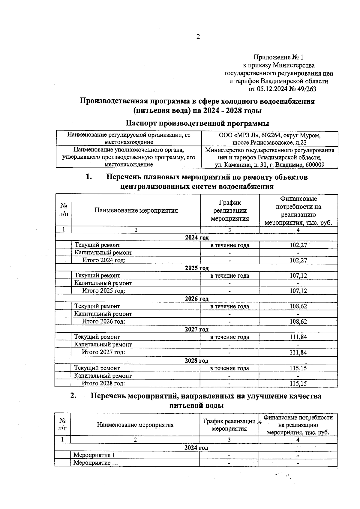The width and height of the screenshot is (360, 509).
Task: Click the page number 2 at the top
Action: [198, 37]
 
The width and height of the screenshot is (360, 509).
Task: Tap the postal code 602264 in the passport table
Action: [271, 135]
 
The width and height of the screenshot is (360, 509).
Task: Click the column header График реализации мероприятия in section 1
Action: [230, 211]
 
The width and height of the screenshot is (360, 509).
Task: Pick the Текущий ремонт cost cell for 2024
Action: [298, 245]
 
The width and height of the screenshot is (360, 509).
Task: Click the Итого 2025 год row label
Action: [104, 291]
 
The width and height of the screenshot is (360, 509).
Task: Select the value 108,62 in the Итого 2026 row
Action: [298, 322]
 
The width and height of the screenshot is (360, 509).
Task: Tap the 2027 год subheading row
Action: [196, 329]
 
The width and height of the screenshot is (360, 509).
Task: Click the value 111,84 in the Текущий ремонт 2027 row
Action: [298, 337]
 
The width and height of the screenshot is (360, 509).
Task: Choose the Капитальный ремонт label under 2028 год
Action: [103, 376]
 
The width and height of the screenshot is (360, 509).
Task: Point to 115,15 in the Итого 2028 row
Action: [298, 383]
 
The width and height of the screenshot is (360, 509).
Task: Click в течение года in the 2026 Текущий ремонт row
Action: [229, 306]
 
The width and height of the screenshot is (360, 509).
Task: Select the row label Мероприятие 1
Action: [94, 455]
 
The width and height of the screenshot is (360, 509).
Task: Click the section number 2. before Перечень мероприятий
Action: [73, 396]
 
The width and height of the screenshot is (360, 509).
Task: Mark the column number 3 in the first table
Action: [229, 230]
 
